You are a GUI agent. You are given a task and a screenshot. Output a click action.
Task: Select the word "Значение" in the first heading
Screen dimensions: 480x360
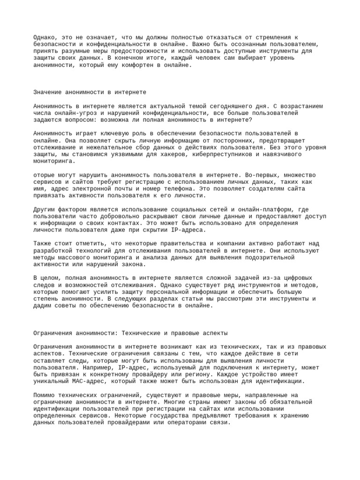click(x=47, y=92)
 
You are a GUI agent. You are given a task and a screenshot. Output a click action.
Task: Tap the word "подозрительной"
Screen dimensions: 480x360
click(x=267, y=257)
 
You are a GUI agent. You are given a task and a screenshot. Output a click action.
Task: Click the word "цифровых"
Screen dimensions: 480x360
click(x=296, y=277)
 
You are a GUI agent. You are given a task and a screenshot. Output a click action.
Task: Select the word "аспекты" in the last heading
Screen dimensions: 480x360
click(x=213, y=333)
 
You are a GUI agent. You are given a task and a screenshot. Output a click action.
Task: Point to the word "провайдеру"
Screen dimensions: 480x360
click(x=150, y=367)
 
